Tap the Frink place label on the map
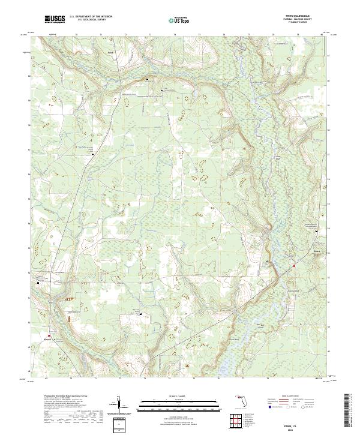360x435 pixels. click(x=109, y=52)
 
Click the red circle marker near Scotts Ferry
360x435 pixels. click(x=295, y=266)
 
